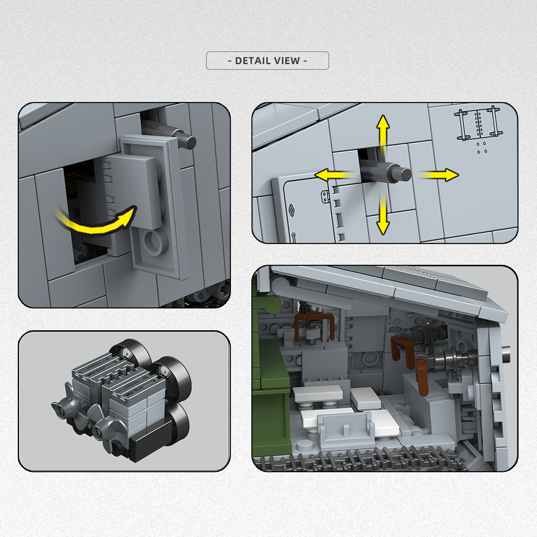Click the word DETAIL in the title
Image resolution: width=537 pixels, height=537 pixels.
[250, 61]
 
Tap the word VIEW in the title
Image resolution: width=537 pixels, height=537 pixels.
[286, 61]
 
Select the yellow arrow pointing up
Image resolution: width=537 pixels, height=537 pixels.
[383, 133]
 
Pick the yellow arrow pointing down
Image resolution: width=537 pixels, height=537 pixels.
[383, 215]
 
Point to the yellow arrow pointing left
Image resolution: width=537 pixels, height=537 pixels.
[336, 175]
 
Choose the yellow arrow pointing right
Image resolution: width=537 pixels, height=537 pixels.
[438, 175]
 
